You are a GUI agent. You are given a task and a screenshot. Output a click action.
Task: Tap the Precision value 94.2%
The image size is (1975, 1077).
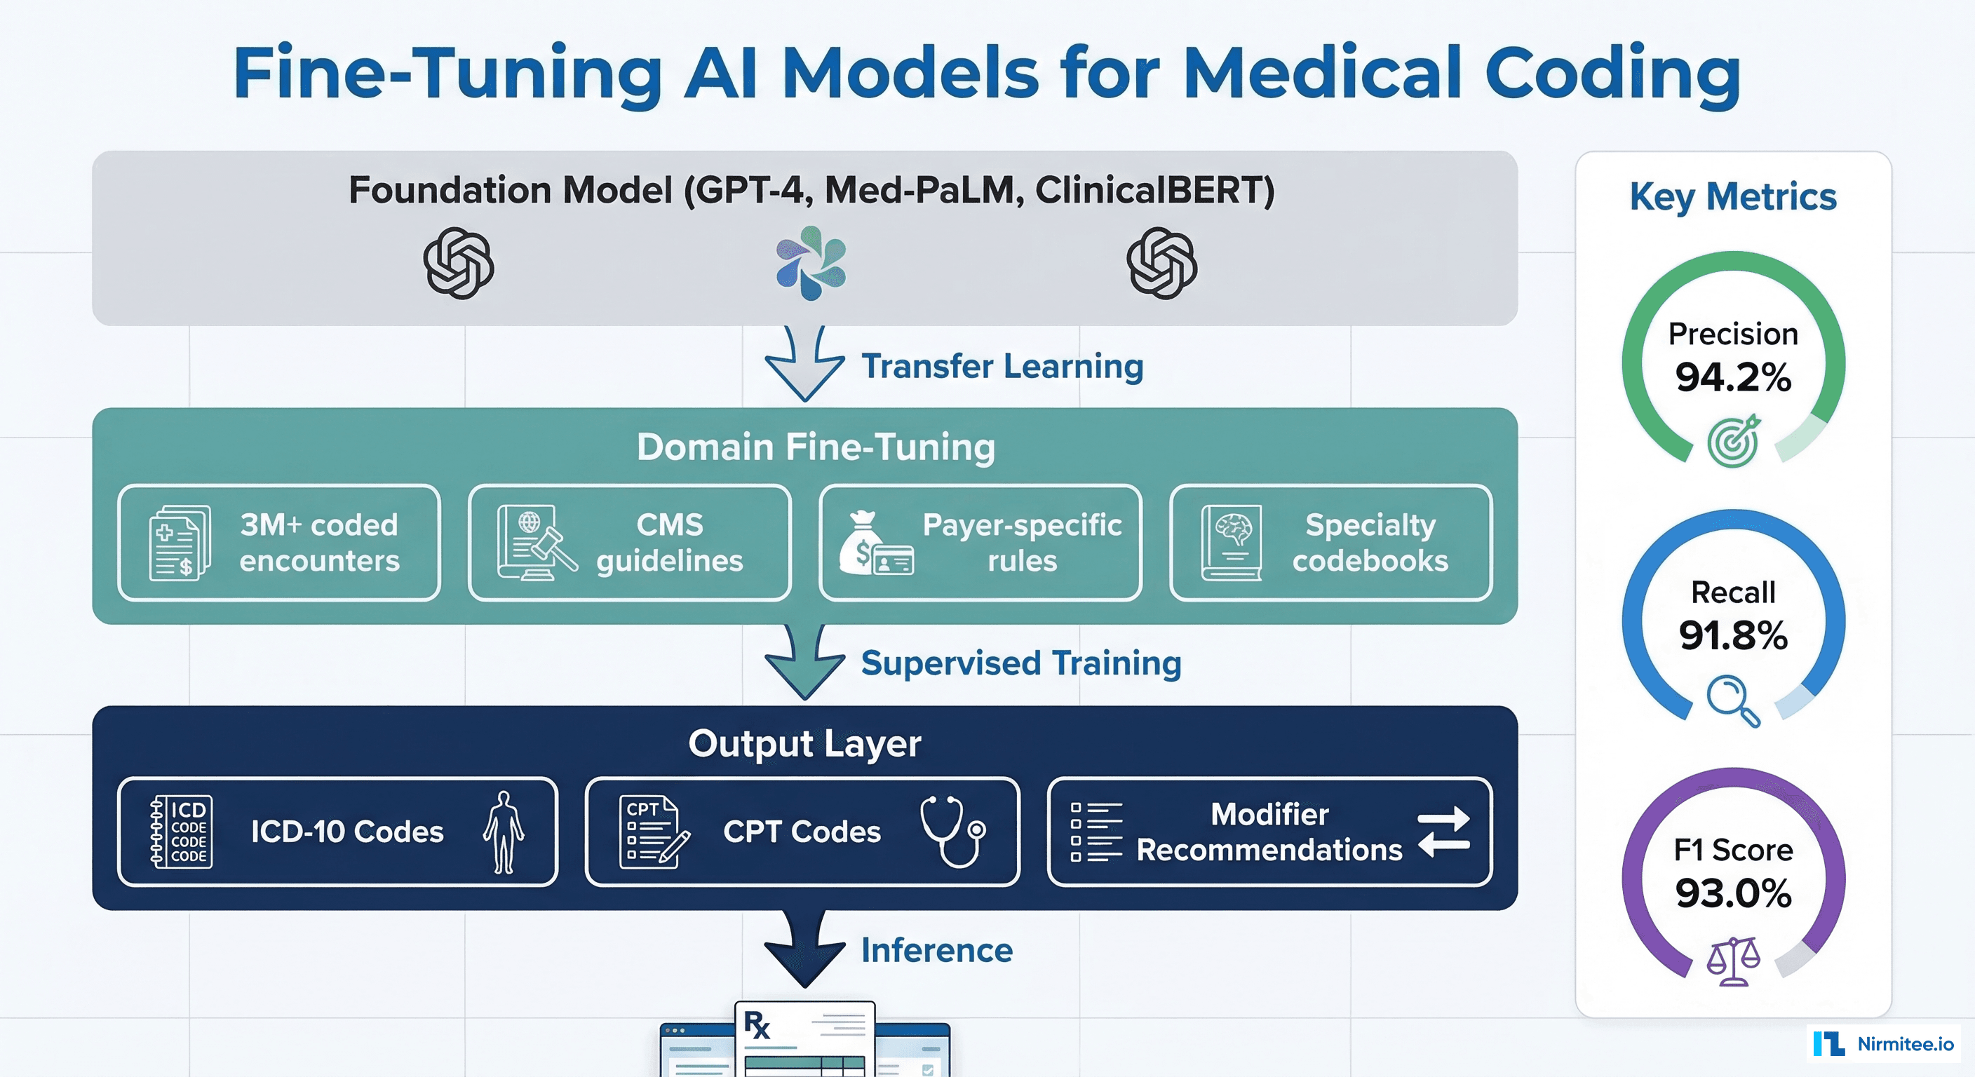[1733, 377]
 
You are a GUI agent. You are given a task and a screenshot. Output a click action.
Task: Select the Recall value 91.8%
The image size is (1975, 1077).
[1733, 635]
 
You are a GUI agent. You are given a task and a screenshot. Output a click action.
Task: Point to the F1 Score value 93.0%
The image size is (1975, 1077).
[1733, 893]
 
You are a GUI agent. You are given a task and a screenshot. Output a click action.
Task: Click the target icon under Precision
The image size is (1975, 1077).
[1734, 442]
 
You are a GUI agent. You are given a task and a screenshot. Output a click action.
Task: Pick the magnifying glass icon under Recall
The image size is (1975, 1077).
[1732, 699]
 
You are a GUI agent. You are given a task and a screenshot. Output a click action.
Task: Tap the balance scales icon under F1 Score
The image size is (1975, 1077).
[1733, 961]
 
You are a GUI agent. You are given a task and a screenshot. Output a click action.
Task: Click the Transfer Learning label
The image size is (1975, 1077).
[1002, 367]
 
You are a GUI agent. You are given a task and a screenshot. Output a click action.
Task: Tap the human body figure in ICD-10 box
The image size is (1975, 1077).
[504, 832]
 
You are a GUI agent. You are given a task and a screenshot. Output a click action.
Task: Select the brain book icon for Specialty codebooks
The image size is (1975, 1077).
[1232, 543]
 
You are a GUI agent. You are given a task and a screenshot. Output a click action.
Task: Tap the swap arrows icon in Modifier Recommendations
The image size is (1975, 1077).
[1443, 832]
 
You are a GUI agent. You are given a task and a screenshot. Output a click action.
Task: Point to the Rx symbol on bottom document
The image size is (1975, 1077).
[757, 1025]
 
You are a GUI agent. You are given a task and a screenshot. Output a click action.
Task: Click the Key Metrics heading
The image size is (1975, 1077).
[1733, 197]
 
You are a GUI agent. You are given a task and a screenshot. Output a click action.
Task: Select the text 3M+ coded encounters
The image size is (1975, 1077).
[319, 543]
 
